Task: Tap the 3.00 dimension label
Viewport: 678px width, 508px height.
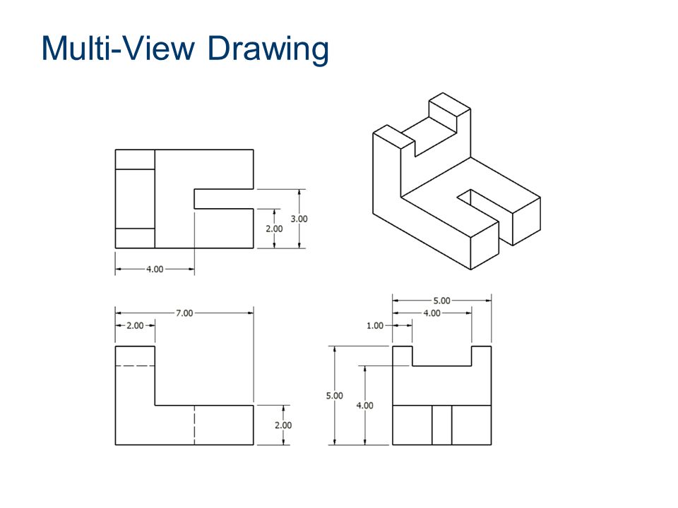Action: click(299, 219)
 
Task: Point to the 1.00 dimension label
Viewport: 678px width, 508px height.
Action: click(375, 325)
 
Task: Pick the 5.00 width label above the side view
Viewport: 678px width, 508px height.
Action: click(441, 300)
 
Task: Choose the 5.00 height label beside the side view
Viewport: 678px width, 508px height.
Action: click(334, 396)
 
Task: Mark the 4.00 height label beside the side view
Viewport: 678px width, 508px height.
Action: click(365, 406)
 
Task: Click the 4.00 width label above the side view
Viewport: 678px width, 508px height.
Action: click(432, 313)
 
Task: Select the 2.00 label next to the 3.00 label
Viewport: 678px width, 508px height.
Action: click(274, 229)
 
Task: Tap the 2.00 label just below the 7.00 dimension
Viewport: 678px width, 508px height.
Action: click(134, 325)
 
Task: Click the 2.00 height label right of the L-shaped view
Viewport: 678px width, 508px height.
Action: click(282, 425)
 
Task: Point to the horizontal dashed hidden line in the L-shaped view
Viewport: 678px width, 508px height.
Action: click(134, 365)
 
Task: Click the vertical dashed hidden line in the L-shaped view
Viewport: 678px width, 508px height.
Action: click(194, 425)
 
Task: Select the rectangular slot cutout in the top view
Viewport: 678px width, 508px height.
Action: click(223, 199)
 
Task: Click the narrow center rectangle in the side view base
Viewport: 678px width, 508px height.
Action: click(441, 425)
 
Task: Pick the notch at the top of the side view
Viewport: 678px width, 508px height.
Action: click(441, 356)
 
